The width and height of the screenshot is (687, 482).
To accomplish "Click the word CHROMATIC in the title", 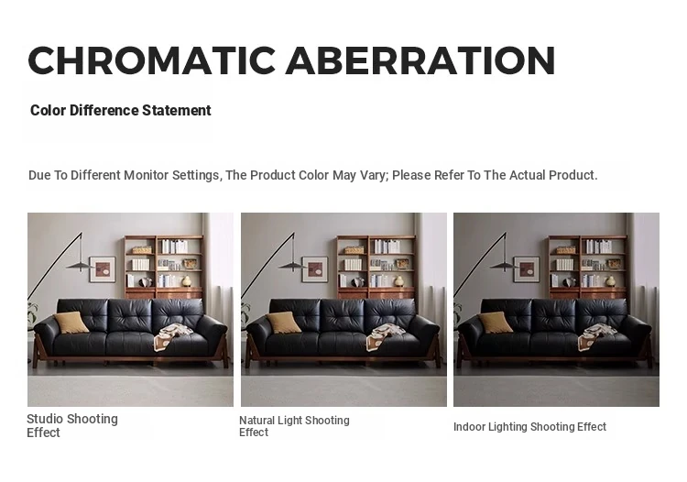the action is [x=151, y=60].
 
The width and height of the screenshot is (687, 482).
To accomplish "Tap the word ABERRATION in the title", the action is [x=420, y=60].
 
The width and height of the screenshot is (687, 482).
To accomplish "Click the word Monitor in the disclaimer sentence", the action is [x=146, y=175].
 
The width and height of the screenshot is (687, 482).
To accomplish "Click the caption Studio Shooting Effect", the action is [x=72, y=425].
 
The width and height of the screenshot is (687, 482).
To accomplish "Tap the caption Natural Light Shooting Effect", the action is [x=294, y=426].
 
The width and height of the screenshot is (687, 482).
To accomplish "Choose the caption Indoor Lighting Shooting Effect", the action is [x=529, y=427].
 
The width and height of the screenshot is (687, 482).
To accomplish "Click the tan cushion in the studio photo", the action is [x=71, y=323].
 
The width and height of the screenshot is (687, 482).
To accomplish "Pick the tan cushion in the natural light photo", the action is [x=283, y=323].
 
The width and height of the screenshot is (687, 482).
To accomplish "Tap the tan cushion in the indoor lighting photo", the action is [x=496, y=323].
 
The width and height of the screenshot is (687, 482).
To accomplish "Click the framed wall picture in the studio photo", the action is [x=103, y=269].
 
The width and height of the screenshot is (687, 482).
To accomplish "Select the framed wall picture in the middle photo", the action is [x=315, y=269].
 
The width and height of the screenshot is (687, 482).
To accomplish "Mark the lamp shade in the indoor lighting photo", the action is [x=505, y=265].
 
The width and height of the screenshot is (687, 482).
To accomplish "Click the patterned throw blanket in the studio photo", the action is [x=172, y=336].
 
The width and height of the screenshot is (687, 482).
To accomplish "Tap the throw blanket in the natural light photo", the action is [x=385, y=336].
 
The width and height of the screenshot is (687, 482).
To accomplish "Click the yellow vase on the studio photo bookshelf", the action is [x=187, y=281].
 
